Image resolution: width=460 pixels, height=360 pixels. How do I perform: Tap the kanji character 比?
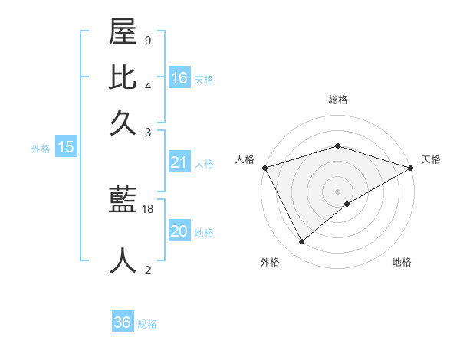pyautogui.click(x=123, y=79)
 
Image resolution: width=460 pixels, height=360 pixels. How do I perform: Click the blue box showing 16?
pyautogui.click(x=179, y=77)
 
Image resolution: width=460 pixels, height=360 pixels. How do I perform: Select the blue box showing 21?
pyautogui.click(x=179, y=162)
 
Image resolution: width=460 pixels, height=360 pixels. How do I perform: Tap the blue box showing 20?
pyautogui.click(x=179, y=231)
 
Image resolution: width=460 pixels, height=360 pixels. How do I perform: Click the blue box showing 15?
pyautogui.click(x=65, y=147)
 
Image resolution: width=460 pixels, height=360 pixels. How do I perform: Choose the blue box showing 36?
pyautogui.click(x=123, y=322)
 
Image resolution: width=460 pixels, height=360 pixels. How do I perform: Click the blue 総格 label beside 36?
pyautogui.click(x=147, y=324)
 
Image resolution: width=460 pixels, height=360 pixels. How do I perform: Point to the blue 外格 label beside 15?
pyautogui.click(x=41, y=149)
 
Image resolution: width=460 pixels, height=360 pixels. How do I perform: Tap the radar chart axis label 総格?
pyautogui.click(x=338, y=100)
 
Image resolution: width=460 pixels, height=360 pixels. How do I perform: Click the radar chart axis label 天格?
pyautogui.click(x=431, y=159)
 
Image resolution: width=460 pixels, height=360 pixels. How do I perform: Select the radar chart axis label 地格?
pyautogui.click(x=402, y=262)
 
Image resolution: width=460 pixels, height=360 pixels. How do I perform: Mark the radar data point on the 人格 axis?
pyautogui.click(x=265, y=168)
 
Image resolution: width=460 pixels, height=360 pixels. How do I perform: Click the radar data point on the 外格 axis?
pyautogui.click(x=302, y=242)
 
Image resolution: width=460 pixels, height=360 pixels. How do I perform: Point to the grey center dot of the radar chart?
pyautogui.click(x=338, y=191)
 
